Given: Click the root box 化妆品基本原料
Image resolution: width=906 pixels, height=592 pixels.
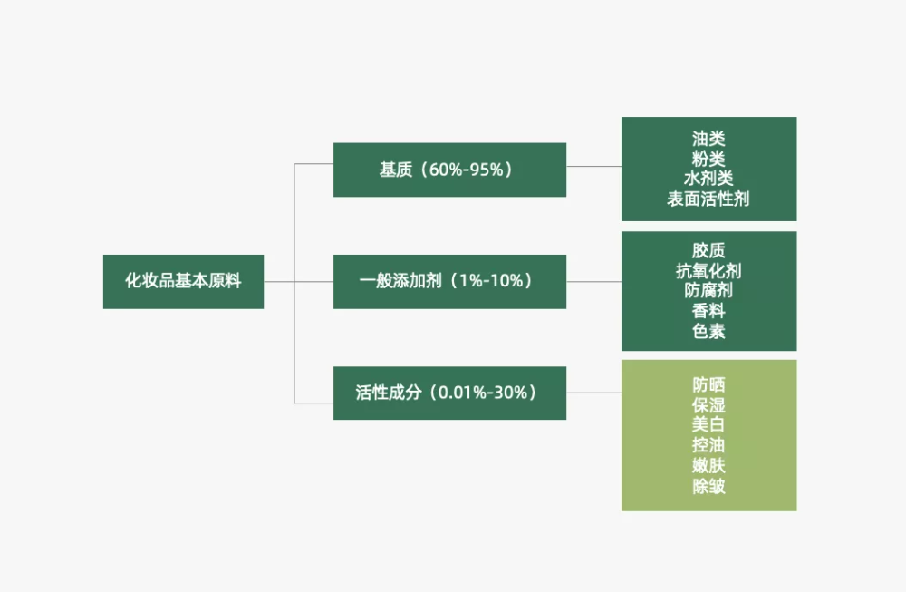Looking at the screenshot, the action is [x=183, y=282].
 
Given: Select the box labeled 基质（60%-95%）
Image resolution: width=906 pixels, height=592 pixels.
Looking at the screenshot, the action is [x=449, y=170].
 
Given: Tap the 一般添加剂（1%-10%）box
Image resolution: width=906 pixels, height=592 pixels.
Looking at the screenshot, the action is [x=449, y=282].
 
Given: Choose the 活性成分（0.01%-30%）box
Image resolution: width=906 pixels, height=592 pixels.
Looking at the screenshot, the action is [x=449, y=393].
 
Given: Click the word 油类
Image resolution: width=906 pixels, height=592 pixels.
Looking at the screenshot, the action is [x=708, y=139].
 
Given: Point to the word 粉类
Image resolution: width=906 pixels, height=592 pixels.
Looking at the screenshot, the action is [x=708, y=159].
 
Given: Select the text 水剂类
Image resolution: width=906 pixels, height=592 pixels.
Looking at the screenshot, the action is [x=708, y=179].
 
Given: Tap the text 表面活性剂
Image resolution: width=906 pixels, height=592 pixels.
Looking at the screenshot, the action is [x=708, y=199].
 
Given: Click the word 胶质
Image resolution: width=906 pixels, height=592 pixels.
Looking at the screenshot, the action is [x=708, y=250].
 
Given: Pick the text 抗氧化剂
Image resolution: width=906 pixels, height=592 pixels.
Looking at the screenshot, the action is [x=708, y=270].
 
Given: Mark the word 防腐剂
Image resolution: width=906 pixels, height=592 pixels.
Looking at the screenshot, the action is [x=708, y=290].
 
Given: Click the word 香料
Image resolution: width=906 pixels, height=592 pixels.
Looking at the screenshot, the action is [x=708, y=311].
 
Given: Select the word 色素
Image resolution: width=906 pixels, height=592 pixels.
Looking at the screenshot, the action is [x=708, y=331].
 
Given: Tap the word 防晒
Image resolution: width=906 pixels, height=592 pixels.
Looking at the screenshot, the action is [x=708, y=384].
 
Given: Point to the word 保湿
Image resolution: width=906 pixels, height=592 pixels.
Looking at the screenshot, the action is [x=708, y=404].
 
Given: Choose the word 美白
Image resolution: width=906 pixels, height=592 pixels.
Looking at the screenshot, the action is [x=708, y=424].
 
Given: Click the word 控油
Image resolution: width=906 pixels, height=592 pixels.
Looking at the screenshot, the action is [x=708, y=444].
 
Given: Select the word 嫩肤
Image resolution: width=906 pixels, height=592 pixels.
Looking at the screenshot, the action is [x=708, y=465].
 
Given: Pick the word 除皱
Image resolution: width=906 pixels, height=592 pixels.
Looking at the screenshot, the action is [x=708, y=486].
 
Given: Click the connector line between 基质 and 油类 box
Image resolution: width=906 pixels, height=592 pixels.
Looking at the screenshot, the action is [x=594, y=167].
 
